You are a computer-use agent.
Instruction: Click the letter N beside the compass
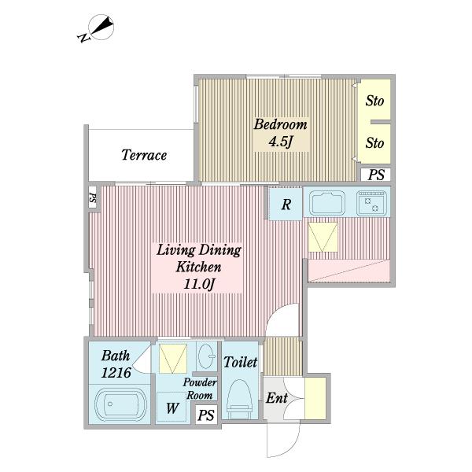pos(83,38)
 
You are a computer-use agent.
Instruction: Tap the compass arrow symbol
pos(101,27)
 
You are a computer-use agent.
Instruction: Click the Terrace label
pos(144,155)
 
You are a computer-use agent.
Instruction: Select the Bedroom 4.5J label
pos(281,134)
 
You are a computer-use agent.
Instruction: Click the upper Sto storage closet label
pos(374,101)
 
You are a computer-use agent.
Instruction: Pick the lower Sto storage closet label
pos(374,142)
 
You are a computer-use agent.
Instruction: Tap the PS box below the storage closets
pos(376,175)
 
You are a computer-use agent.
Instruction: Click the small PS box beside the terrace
pos(92,197)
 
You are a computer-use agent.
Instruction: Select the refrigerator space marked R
pos(286,204)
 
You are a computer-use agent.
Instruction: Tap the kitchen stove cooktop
pos(372,203)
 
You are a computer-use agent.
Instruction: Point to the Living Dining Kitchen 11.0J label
pos(198,267)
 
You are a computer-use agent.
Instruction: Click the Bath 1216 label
pos(116,364)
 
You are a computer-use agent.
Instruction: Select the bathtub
pos(120,404)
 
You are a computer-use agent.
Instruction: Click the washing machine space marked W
pos(171,407)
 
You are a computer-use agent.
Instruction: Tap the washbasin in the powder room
pos(207,356)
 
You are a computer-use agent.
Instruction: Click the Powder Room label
pos(199,389)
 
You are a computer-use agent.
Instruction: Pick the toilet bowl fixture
pos(239,399)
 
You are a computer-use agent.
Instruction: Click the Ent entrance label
pos(277,398)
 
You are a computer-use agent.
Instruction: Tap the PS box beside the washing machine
pos(206,415)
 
